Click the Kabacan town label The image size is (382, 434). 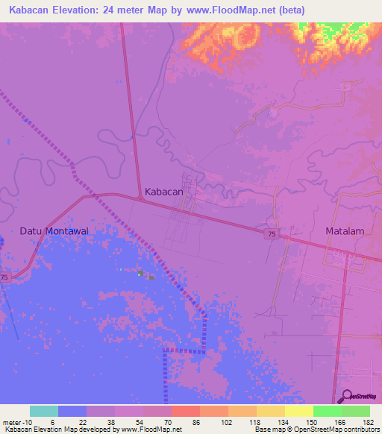pos(163,192)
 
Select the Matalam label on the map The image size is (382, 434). pos(345,231)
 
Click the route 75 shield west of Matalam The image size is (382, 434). pos(271,234)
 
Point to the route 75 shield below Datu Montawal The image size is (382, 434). pos(4,277)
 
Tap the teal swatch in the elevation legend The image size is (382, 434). pos(44,411)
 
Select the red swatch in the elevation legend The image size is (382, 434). pos(186,411)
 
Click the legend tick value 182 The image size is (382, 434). pos(369,421)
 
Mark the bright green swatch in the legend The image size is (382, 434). pos(328,411)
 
